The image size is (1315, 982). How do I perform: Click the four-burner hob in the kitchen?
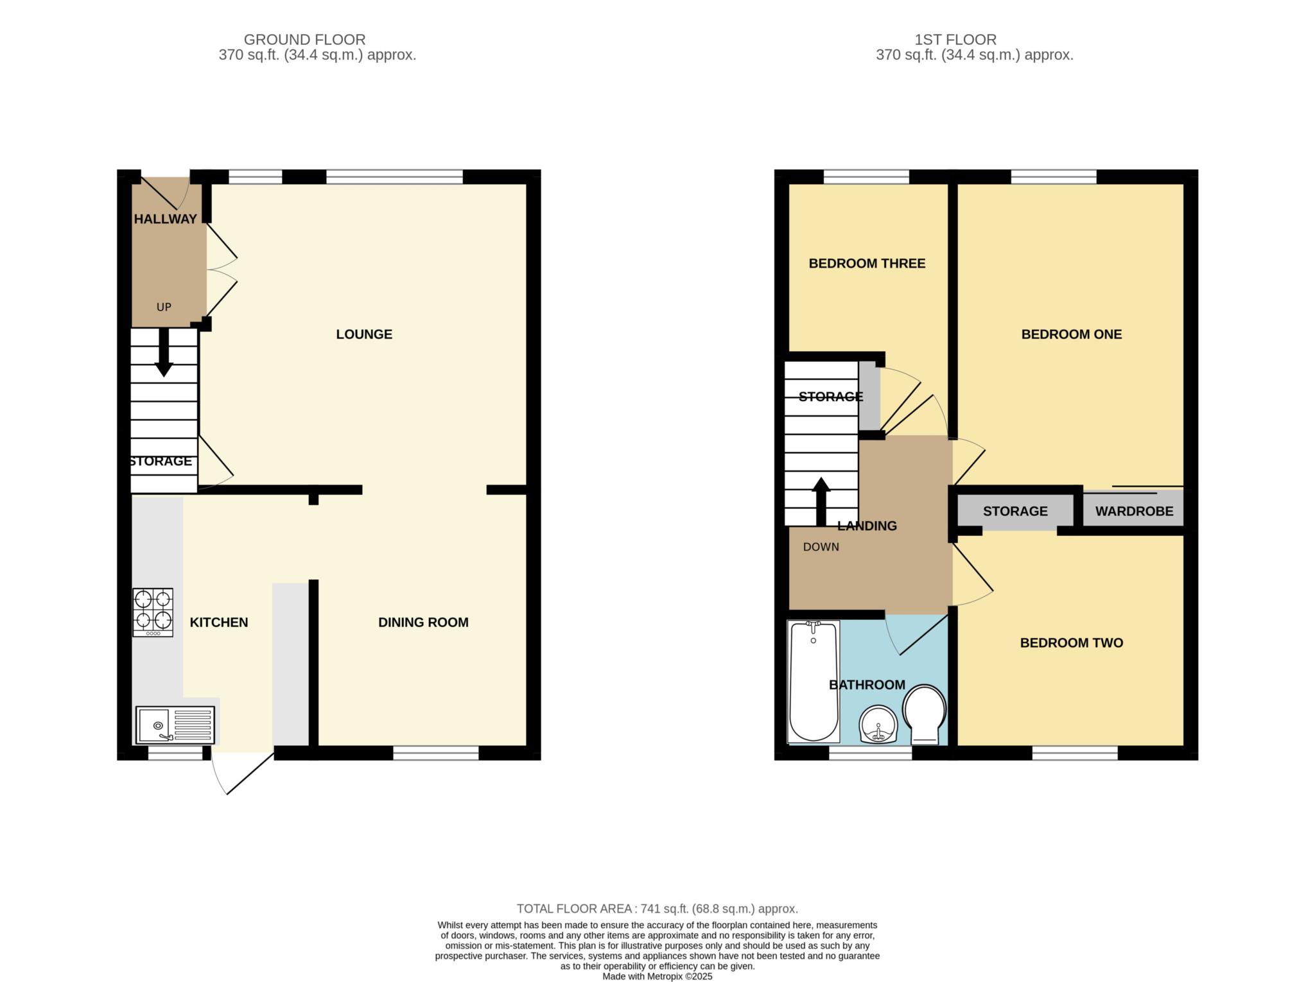153,612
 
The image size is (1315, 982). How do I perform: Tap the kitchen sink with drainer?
175,725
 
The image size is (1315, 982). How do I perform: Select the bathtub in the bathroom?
814,682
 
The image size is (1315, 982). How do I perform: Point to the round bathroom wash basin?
878,725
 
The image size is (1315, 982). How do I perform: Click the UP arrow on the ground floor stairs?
164,352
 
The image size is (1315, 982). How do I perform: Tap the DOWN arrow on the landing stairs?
821,501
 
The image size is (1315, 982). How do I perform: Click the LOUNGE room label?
364,334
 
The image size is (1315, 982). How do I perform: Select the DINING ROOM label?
423,623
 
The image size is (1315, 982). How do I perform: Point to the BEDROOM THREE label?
867,264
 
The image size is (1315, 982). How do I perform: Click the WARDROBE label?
1134,512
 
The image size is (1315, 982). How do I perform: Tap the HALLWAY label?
165,220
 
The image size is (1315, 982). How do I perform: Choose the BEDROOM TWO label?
1072,643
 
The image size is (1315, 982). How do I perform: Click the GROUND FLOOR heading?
304,40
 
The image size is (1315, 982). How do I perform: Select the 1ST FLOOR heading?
955,40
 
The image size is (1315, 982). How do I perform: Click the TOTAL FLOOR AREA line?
657,909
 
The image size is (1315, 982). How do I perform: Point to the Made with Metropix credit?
657,977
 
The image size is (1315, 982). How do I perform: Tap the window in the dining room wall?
436,754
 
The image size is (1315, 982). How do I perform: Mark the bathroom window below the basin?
871,754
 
